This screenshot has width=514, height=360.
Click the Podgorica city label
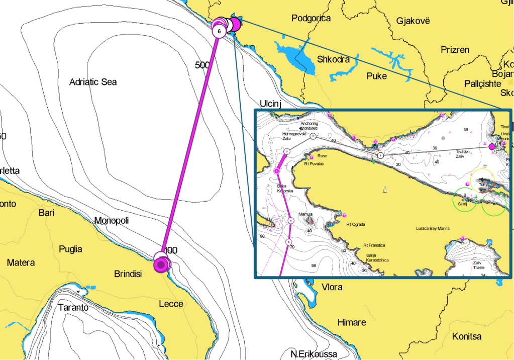point(311,19)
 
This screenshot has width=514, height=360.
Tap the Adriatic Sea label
point(93,82)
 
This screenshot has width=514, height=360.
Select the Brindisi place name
point(128,274)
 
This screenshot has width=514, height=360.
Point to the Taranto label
point(73,307)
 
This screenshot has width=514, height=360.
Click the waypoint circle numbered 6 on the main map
point(219,31)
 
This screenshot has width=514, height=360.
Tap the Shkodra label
point(333,59)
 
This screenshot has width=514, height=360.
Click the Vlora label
point(332,287)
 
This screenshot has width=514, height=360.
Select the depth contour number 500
point(202,65)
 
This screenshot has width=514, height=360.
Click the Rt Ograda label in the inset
point(355,224)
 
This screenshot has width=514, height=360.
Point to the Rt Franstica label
point(374,245)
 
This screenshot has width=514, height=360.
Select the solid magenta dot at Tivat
point(492,147)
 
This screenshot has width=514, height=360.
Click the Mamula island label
point(305,214)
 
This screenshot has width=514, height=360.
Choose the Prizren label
point(455,50)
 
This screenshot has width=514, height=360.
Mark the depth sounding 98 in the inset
point(314,265)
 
